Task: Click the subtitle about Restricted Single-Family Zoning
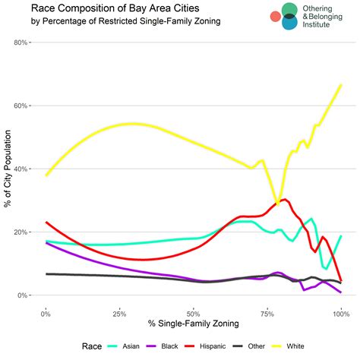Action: pyautogui.click(x=115, y=21)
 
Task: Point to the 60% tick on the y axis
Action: pyautogui.click(x=21, y=106)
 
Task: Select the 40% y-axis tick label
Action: pyautogui.click(x=21, y=169)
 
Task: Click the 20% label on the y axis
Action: pyautogui.click(x=21, y=232)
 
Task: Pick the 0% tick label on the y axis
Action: pyautogui.click(x=24, y=295)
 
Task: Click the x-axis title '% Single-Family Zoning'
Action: pyautogui.click(x=193, y=325)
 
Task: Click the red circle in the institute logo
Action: pyautogui.click(x=276, y=15)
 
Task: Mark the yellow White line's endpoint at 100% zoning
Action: pyautogui.click(x=341, y=84)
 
